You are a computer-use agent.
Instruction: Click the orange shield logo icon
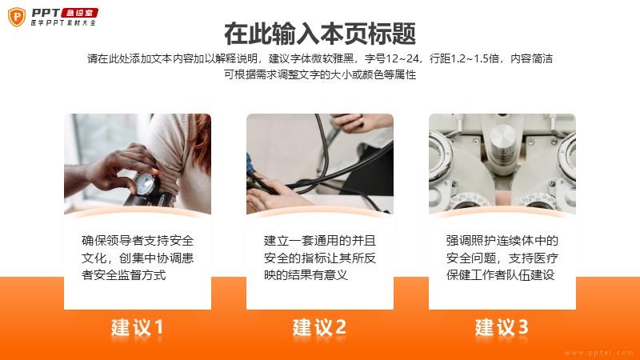point(17,17)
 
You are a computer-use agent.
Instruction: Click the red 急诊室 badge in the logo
point(80,13)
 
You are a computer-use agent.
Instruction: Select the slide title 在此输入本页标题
point(320,34)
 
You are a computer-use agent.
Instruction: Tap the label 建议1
point(138,327)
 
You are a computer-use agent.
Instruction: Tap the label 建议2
point(319,327)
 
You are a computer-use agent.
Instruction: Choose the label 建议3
point(502,327)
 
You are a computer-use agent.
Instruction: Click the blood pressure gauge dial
point(146,184)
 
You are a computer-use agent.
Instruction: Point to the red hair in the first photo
point(202,138)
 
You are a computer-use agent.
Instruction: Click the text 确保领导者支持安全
point(138,241)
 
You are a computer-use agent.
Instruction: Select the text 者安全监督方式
point(124,274)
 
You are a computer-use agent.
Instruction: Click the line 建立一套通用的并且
point(319,241)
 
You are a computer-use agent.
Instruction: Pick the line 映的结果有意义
point(306,274)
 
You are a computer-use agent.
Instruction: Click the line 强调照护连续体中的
point(502,241)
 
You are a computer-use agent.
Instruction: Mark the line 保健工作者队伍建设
point(501,274)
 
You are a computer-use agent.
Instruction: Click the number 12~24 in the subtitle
point(402,58)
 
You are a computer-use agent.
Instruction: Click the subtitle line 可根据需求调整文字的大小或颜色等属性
point(320,74)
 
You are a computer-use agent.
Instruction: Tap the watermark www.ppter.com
point(598,353)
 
